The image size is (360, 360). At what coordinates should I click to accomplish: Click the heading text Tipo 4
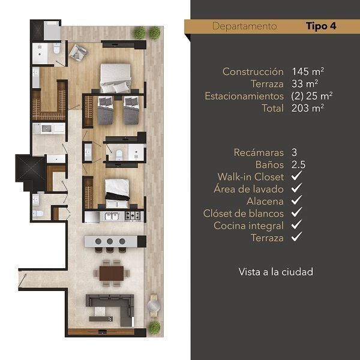(x=321, y=26)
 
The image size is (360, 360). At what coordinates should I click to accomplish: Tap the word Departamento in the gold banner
(x=245, y=26)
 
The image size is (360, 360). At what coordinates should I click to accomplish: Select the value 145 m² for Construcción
(x=308, y=71)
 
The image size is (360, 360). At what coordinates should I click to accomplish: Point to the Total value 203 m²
(x=308, y=108)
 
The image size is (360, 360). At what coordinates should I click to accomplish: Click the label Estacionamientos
(x=244, y=96)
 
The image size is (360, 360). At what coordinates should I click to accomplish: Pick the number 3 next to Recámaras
(x=295, y=152)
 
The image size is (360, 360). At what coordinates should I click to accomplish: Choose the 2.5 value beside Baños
(x=298, y=164)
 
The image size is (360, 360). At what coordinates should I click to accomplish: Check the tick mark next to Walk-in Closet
(x=296, y=176)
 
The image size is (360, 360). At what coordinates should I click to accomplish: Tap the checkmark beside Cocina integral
(x=296, y=224)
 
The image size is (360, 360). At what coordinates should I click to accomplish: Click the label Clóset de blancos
(x=244, y=214)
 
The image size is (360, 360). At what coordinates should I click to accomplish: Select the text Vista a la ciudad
(x=276, y=272)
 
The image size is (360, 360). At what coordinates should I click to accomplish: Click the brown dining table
(x=112, y=273)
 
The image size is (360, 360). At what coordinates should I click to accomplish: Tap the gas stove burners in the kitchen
(x=133, y=216)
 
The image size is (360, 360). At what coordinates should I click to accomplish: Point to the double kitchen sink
(x=112, y=216)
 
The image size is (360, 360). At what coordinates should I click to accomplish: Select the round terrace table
(x=154, y=306)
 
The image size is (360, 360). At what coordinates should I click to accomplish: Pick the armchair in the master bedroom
(x=77, y=53)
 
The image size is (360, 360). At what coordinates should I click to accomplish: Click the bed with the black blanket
(x=117, y=193)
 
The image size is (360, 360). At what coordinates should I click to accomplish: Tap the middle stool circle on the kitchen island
(x=110, y=241)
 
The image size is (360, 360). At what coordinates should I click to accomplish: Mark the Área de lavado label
(x=248, y=189)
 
